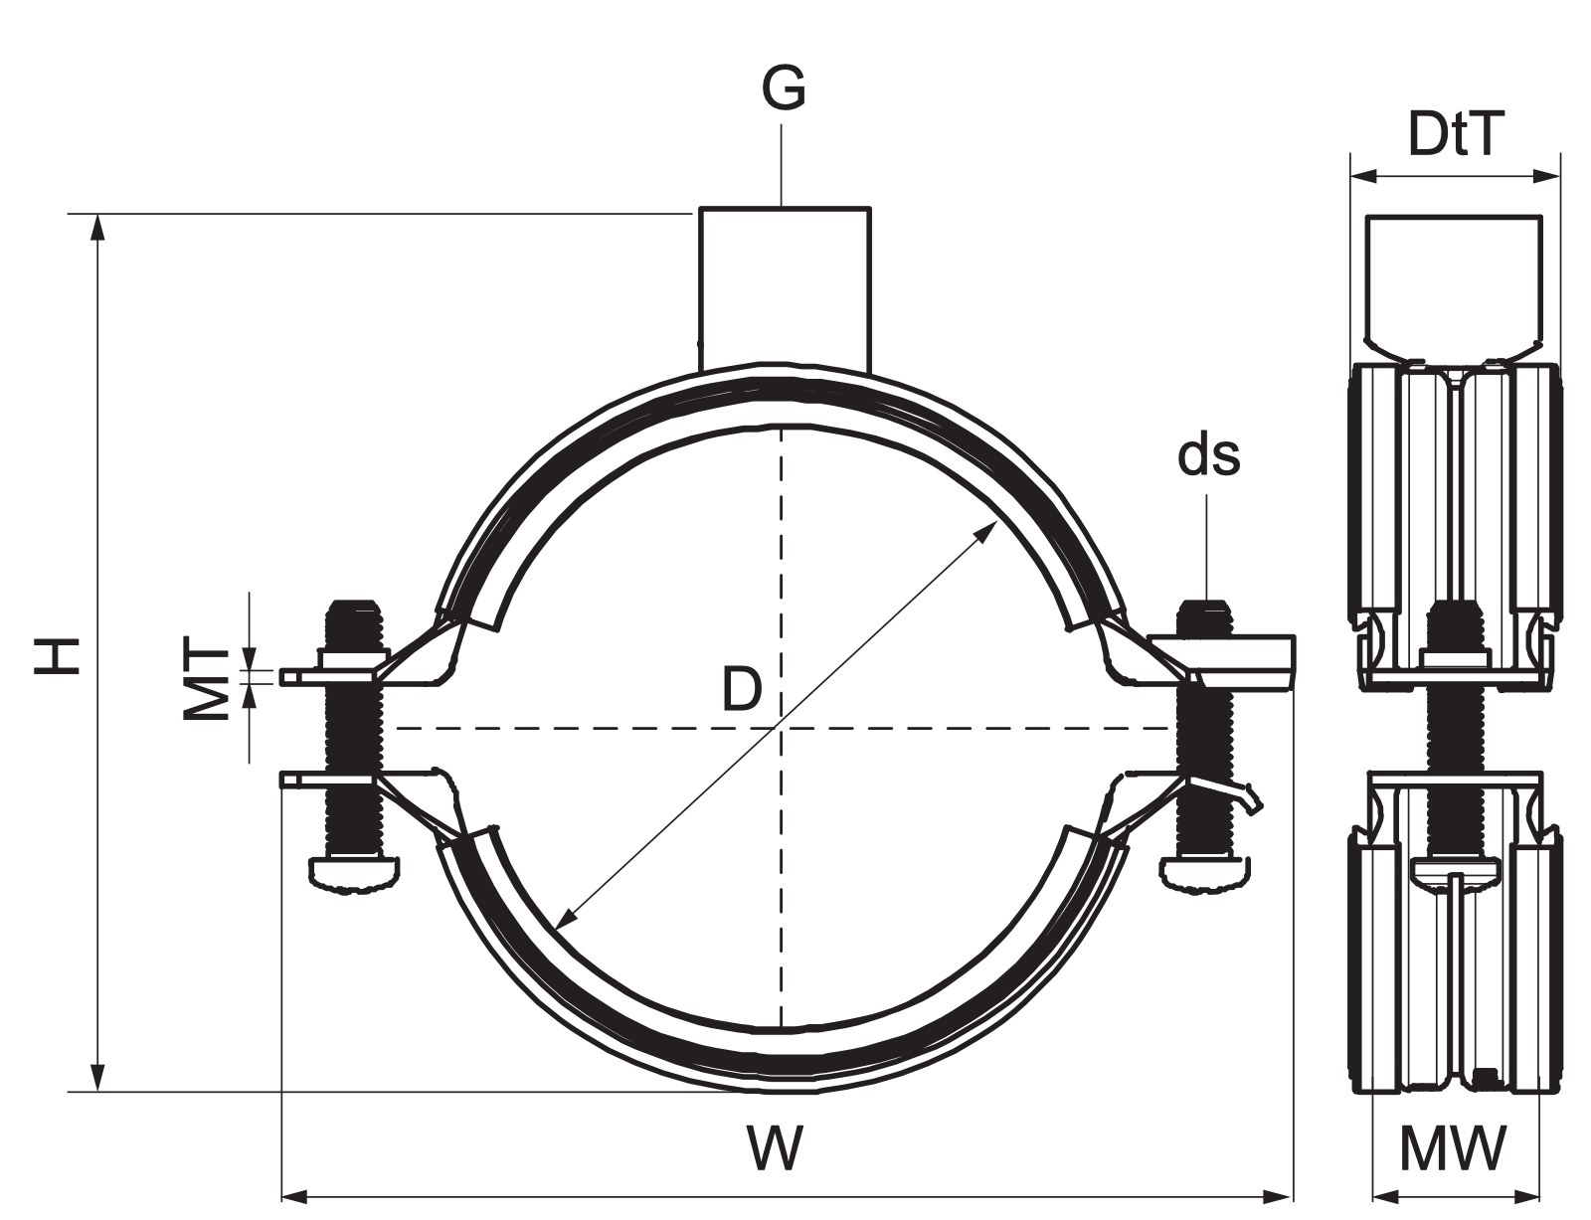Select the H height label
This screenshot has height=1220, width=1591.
click(57, 656)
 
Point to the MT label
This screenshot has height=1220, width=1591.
click(204, 677)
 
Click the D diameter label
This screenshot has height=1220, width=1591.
click(742, 689)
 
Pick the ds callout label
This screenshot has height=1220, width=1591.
click(1208, 455)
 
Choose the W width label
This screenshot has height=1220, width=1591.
click(776, 1146)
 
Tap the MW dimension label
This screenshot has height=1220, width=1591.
click(1453, 1146)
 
